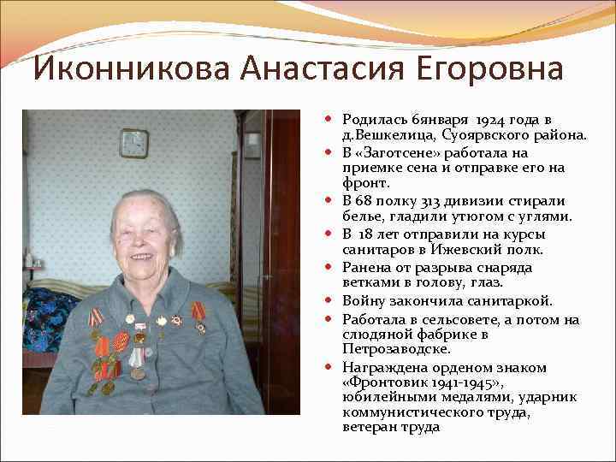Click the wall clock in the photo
click(133, 143)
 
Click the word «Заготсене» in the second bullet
click(400, 152)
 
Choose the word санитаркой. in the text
click(507, 300)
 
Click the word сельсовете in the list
click(447, 319)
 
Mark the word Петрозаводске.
click(384, 349)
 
